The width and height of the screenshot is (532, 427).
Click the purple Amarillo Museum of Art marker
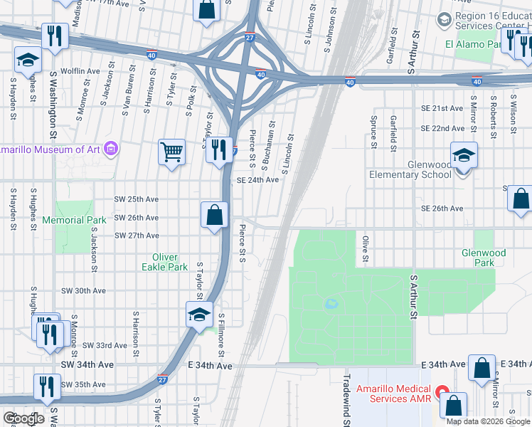coord(110,149)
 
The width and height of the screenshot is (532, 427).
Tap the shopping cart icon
coord(171,152)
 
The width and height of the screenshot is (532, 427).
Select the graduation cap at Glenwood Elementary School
coord(463,156)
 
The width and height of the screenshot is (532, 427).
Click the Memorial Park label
coord(74,220)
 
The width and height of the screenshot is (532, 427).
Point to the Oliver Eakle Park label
coord(169,262)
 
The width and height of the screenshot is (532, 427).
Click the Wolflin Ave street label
coord(80,71)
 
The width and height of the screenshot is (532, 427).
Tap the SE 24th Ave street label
coord(257,180)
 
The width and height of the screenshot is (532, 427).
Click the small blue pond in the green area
coord(331,304)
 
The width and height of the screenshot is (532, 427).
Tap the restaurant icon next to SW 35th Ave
coord(48,387)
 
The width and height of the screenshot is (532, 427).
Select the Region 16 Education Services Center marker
coord(445,19)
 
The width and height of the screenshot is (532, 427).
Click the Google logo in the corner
coord(23,418)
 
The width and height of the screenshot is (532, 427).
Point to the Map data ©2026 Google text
coord(487,421)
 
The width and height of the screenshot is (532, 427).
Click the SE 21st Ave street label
coord(442,108)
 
